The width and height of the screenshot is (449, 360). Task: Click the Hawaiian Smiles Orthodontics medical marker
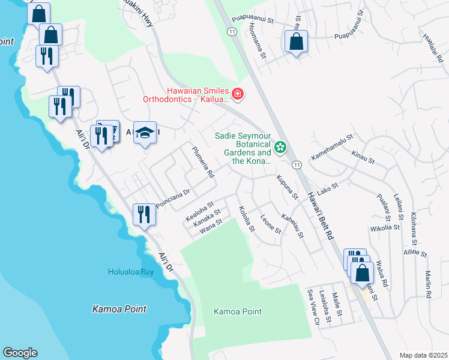(238, 94)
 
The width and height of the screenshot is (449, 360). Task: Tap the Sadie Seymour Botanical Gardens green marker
(280, 146)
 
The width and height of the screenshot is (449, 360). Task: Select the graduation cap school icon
(145, 132)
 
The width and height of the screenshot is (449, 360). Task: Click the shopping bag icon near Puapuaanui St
(296, 42)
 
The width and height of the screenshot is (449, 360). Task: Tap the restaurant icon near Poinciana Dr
(143, 214)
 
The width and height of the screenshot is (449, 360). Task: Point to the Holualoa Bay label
(131, 272)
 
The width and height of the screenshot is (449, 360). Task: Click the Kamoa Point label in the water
(119, 309)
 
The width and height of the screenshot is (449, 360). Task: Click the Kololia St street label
(247, 220)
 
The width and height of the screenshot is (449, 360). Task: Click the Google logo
(20, 353)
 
